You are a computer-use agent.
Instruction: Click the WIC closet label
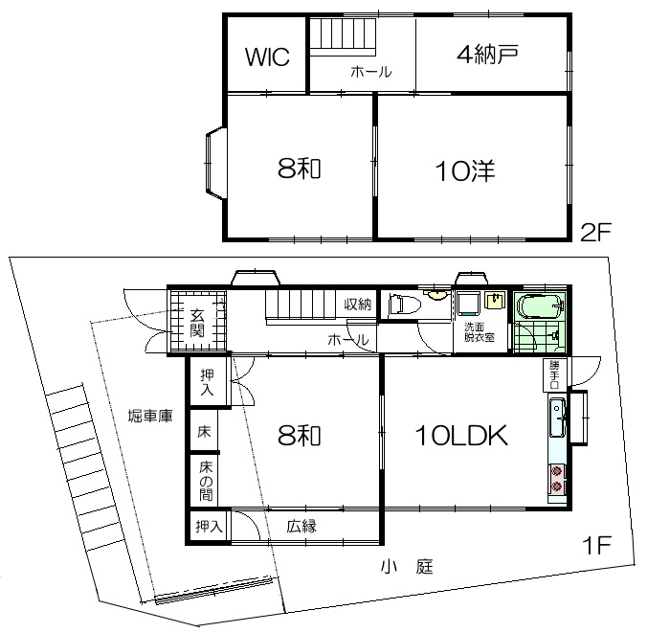[267, 57]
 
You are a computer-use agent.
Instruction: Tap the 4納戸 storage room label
[487, 55]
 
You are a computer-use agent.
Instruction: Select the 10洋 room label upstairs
[465, 171]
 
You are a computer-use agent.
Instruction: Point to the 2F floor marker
[596, 232]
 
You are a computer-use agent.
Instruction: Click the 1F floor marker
[596, 545]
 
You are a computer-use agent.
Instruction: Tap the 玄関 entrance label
[197, 323]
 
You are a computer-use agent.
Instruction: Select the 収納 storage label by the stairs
[358, 305]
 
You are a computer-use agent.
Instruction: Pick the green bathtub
[540, 306]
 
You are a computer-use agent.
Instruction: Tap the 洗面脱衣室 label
[480, 332]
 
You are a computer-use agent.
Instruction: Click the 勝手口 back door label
[554, 374]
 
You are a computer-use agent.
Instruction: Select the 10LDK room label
[461, 436]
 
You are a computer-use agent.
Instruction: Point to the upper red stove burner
[556, 471]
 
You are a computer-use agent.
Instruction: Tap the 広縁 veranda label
[301, 526]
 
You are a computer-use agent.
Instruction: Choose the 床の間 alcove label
[206, 482]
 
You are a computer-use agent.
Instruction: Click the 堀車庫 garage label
[150, 416]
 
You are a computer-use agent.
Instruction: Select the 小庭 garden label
[407, 567]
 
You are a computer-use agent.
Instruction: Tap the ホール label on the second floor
[371, 72]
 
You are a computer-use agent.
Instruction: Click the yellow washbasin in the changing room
[495, 301]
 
